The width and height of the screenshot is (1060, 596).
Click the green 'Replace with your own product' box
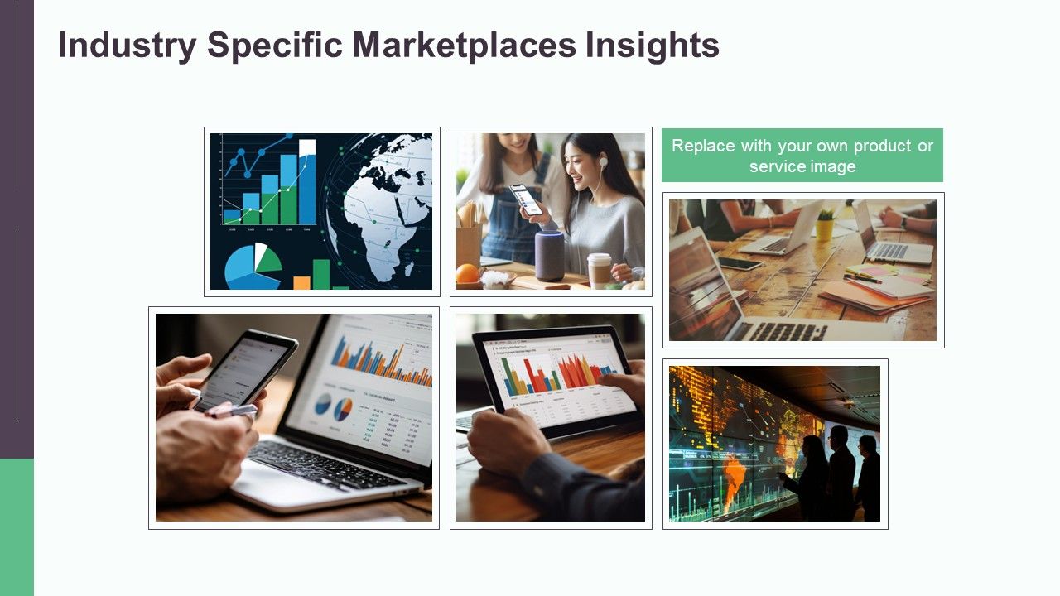coord(802,155)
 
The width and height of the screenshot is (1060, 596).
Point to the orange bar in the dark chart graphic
coord(301,282)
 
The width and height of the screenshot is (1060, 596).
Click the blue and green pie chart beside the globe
coord(252,265)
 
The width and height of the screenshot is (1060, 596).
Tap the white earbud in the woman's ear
coord(603,163)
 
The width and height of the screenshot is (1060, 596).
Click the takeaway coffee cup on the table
coord(599,270)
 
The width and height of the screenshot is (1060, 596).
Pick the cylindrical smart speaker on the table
coord(549,255)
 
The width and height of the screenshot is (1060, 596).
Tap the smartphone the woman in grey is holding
coord(527,199)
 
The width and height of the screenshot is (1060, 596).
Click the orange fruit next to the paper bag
coord(468,273)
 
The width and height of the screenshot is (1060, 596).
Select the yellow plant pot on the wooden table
coord(825,228)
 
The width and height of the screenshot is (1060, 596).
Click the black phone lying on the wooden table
coord(740,263)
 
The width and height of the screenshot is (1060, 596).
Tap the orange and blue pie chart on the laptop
coord(341,406)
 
